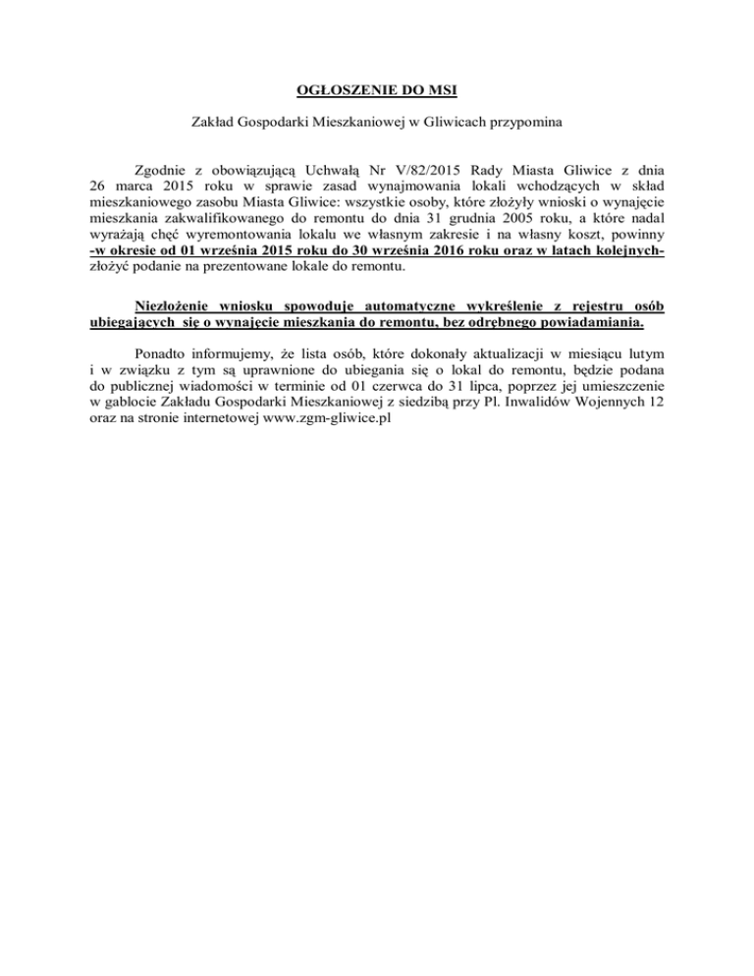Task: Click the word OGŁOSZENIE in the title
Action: (332, 93)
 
